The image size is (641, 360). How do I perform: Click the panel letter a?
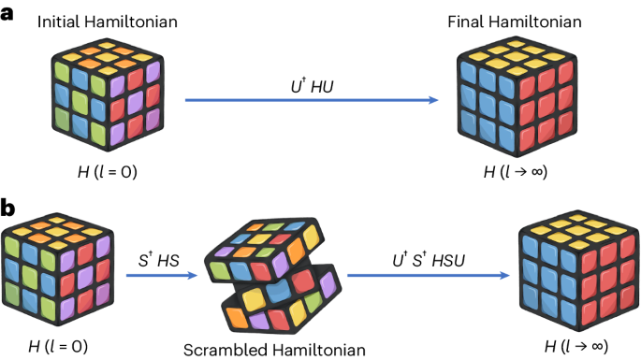(8, 17)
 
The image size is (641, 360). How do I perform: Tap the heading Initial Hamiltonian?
(94, 21)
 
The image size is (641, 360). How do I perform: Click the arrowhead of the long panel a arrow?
(436, 101)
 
